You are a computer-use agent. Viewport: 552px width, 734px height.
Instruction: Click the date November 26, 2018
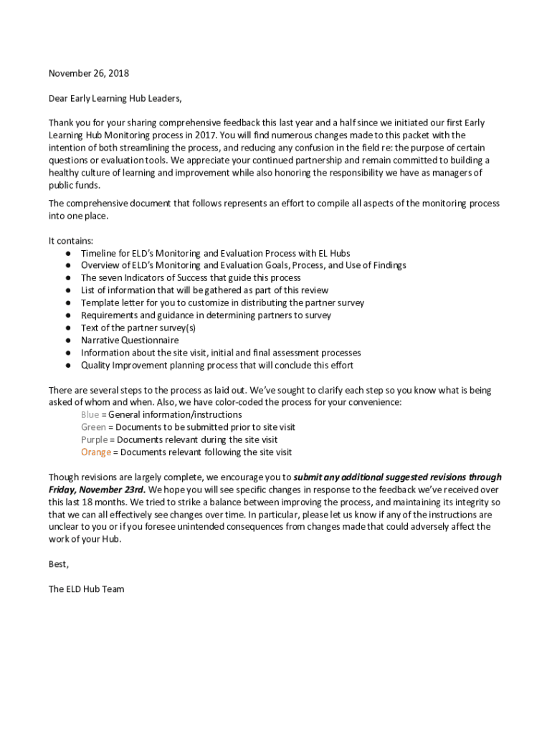tap(88, 73)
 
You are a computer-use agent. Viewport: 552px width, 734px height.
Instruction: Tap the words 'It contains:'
tap(70, 241)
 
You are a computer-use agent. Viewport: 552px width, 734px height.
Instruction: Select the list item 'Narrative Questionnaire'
tap(130, 340)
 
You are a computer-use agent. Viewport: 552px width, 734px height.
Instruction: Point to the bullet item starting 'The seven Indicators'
tap(191, 278)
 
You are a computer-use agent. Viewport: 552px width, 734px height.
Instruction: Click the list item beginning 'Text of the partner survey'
tap(138, 328)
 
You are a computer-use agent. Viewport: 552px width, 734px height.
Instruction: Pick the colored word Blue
tap(90, 415)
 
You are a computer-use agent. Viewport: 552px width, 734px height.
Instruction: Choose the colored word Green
tap(93, 427)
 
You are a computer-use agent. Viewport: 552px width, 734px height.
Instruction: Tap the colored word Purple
tap(94, 439)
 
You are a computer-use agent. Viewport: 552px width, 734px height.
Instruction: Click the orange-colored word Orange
tap(96, 452)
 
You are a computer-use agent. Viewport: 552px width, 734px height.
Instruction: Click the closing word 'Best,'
tap(59, 564)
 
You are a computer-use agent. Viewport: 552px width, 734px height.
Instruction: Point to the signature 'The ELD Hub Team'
tap(86, 589)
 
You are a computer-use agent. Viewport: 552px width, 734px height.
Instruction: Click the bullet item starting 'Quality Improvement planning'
tap(216, 366)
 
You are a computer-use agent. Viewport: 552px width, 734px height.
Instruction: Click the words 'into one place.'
tap(78, 216)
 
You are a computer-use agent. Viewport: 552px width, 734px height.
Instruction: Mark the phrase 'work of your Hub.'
tap(85, 539)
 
